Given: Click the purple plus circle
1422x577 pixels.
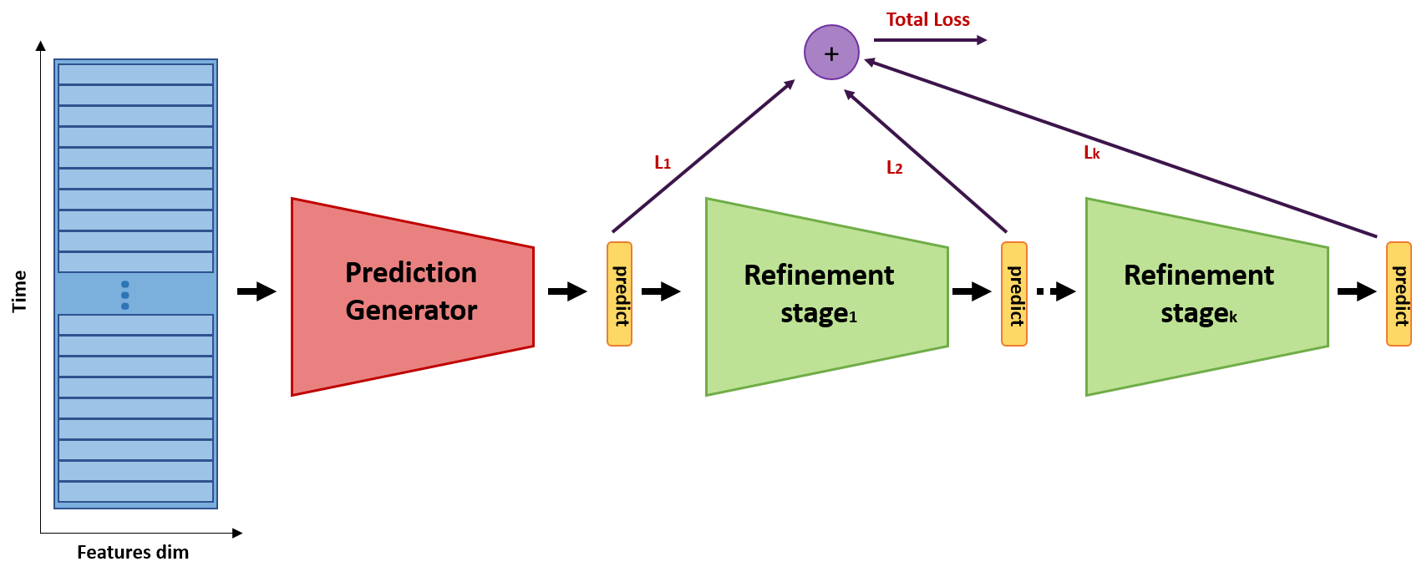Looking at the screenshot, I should click(x=831, y=53).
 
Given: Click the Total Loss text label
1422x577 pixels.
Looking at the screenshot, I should click(x=927, y=19).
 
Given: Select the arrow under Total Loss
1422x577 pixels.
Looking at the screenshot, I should click(x=930, y=39).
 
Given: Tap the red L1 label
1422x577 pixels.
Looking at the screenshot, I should click(x=662, y=162).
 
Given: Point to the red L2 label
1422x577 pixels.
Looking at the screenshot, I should click(x=894, y=168).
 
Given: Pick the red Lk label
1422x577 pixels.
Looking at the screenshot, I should click(x=1091, y=152).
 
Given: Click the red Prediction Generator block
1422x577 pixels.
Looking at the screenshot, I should click(x=412, y=296).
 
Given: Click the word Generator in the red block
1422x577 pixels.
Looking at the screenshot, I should click(x=411, y=311).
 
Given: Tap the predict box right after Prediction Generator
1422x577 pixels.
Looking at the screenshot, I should click(x=619, y=294).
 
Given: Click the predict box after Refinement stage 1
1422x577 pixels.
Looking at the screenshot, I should click(x=1013, y=294).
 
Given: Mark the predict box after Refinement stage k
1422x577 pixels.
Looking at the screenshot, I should click(x=1399, y=294).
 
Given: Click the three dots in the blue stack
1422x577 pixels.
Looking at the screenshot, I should click(x=124, y=295).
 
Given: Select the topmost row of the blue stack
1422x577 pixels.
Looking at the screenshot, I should click(x=135, y=74).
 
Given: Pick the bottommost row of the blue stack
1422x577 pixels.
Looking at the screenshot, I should click(x=135, y=492).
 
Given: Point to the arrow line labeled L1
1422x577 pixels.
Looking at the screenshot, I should click(x=703, y=156).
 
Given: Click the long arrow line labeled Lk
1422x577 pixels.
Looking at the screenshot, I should click(x=1120, y=148).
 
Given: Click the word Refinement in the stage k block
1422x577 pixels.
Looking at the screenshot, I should click(x=1198, y=275).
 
